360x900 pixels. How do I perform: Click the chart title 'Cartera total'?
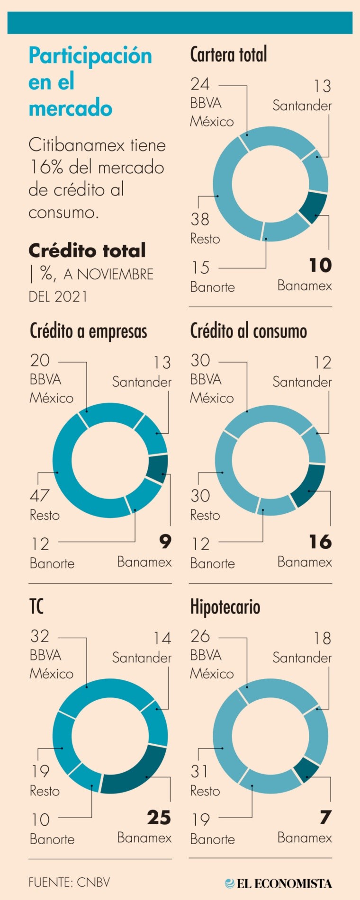coord(228,55)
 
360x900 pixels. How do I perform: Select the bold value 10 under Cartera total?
coord(320,266)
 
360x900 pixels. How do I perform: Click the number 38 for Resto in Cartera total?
coord(200,219)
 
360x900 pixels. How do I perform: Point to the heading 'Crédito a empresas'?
coord(88,331)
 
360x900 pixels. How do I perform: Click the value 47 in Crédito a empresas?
coord(40,496)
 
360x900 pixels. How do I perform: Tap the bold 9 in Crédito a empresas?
coord(165,542)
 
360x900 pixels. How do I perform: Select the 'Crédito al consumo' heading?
coord(248,331)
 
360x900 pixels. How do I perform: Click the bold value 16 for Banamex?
coord(320,542)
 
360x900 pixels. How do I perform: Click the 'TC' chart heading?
coord(36,607)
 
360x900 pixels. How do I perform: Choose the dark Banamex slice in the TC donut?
coord(135,771)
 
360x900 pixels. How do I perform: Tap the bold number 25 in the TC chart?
coord(159,818)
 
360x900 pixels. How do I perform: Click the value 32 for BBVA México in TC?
coord(40,636)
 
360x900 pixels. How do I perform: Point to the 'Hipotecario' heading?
coord(225,607)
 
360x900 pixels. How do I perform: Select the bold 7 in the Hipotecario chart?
coord(325,818)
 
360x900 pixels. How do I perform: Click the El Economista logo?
coord(279,883)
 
